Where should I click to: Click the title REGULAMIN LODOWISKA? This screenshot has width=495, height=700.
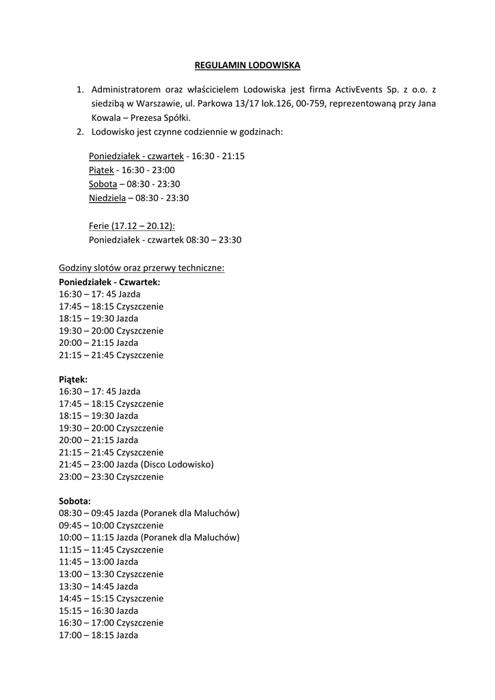(x=247, y=66)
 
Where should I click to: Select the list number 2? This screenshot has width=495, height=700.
(x=79, y=131)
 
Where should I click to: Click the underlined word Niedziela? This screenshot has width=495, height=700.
(x=107, y=198)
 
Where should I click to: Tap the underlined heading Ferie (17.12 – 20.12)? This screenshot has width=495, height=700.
(x=132, y=226)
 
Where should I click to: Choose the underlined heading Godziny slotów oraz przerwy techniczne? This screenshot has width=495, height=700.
(x=142, y=268)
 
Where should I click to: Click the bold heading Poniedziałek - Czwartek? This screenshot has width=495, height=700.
(x=110, y=282)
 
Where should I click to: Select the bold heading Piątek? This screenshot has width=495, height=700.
(x=73, y=379)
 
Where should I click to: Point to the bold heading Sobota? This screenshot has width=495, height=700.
(x=75, y=500)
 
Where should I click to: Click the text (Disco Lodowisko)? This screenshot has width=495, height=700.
(x=178, y=464)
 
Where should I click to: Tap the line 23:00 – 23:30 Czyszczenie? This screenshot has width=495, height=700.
(x=111, y=476)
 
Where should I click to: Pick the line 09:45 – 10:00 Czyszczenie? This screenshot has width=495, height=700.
(x=111, y=525)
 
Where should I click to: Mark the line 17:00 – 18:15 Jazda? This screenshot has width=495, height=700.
(x=98, y=635)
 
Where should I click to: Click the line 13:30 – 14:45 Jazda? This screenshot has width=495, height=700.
(x=98, y=586)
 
